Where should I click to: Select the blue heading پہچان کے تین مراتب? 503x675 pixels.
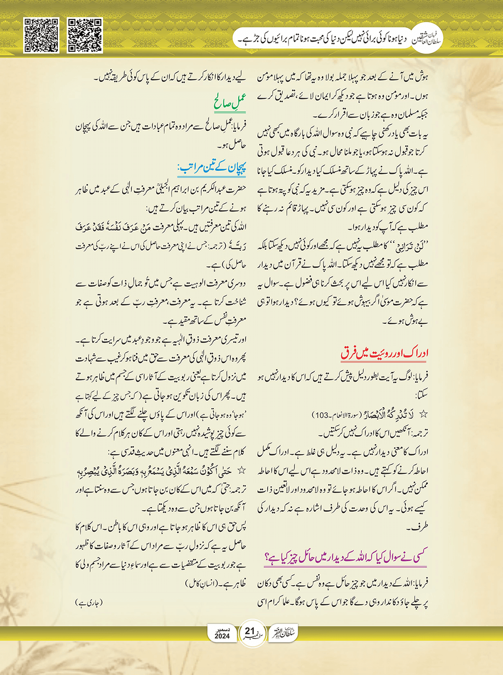point(213,169)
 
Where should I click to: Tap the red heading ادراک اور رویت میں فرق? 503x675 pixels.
point(385,353)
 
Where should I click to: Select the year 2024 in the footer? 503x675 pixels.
point(222,636)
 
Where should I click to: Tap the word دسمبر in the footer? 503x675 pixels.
point(222,629)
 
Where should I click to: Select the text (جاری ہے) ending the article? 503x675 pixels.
point(89,602)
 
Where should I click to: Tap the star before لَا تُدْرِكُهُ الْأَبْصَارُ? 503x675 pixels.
point(424,415)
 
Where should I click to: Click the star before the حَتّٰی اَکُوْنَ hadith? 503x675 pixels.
point(241,470)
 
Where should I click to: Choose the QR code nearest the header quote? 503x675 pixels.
point(85,35)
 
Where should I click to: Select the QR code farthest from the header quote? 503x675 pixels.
point(41,35)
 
